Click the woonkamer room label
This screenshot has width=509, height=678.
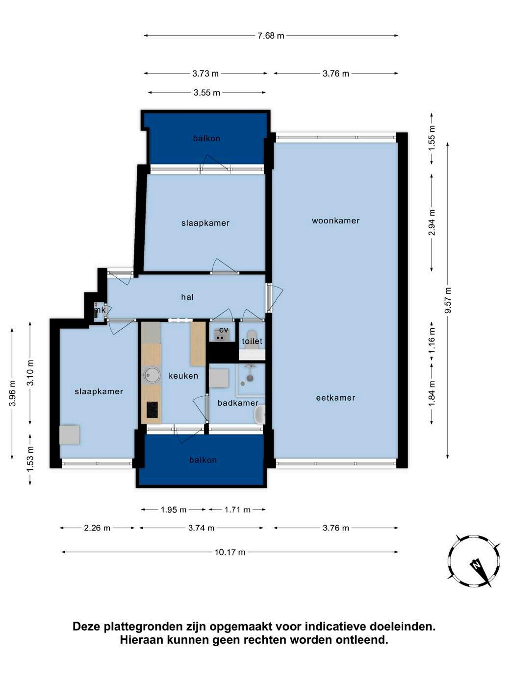tap(335, 220)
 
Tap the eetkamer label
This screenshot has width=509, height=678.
tap(335, 397)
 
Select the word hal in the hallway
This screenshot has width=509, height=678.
tap(187, 297)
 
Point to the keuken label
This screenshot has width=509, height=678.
tap(183, 376)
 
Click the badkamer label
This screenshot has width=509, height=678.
tap(238, 403)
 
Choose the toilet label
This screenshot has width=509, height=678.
tap(252, 341)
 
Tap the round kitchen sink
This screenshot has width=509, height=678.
tap(151, 375)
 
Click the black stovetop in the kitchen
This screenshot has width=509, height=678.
tap(152, 410)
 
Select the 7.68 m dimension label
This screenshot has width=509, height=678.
tap(270, 36)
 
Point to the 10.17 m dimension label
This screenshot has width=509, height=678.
tap(230, 552)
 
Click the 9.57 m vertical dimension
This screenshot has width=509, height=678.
tap(448, 300)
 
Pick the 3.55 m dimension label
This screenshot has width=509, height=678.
tap(207, 93)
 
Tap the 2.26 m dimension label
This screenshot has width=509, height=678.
tap(97, 528)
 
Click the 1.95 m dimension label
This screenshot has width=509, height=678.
tap(174, 509)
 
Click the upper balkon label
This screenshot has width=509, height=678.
tap(206, 138)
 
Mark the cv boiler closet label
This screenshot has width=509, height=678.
tap(224, 330)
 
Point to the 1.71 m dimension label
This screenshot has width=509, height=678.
tap(237, 509)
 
